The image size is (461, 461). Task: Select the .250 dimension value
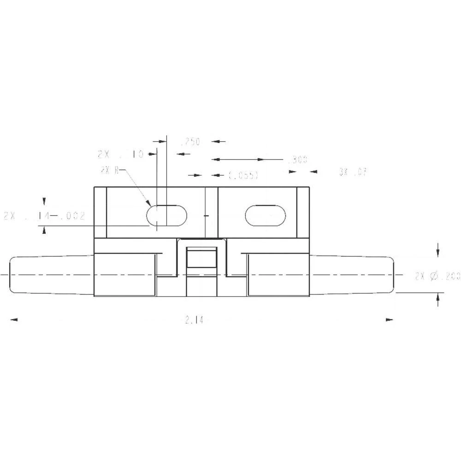190,142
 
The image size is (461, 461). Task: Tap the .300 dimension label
297,160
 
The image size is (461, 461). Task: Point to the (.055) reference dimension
243,175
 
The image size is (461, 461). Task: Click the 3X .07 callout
353,172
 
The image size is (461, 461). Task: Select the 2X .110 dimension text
121,154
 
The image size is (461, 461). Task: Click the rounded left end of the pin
13,275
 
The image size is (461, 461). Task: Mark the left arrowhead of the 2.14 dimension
13,319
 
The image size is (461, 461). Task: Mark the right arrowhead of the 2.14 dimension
390,319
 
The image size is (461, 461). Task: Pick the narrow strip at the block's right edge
303,213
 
